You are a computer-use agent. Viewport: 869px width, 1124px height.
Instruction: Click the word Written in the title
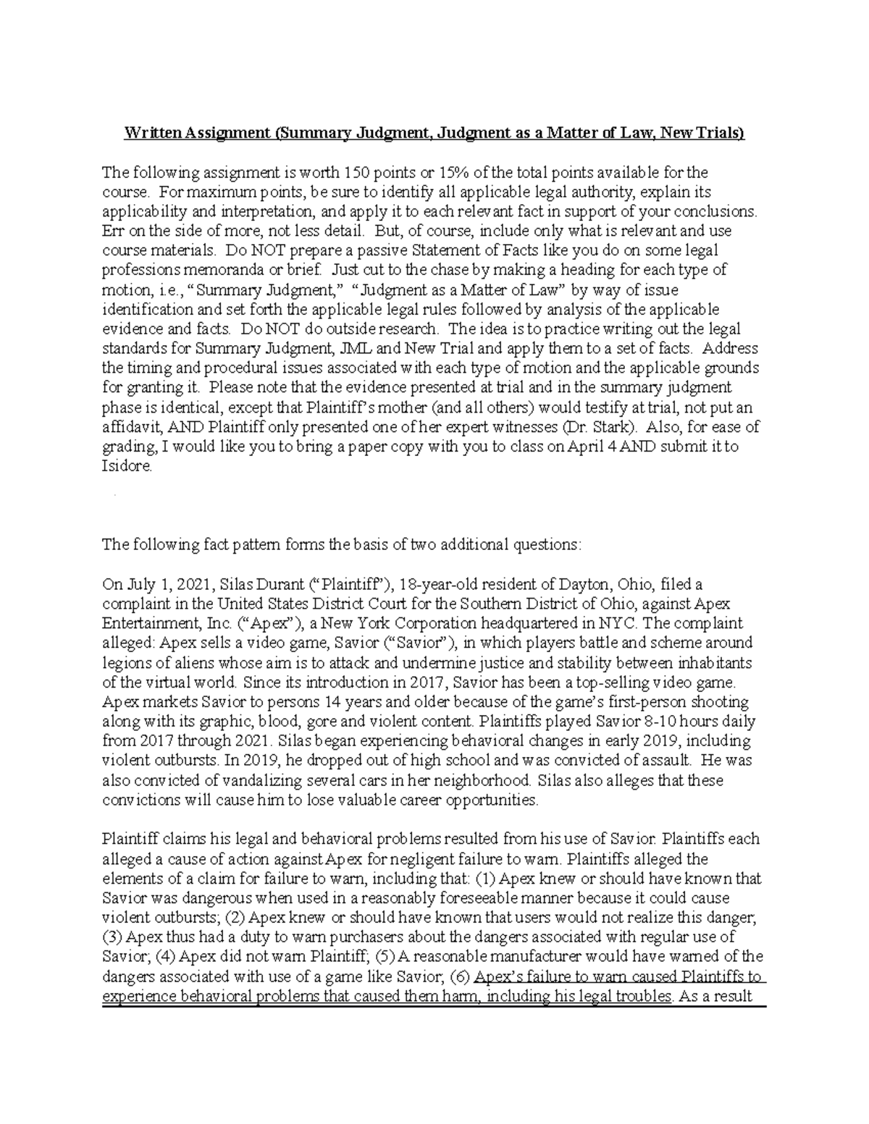[x=152, y=134]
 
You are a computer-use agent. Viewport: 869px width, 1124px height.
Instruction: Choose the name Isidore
[x=127, y=466]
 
